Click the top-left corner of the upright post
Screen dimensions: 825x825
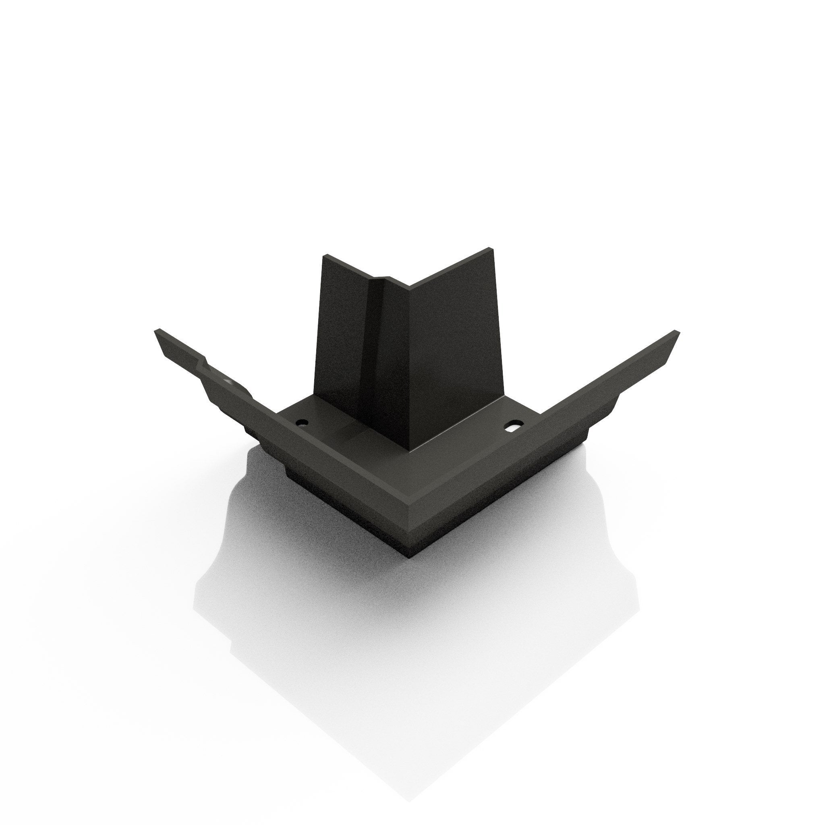pos(325,256)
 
